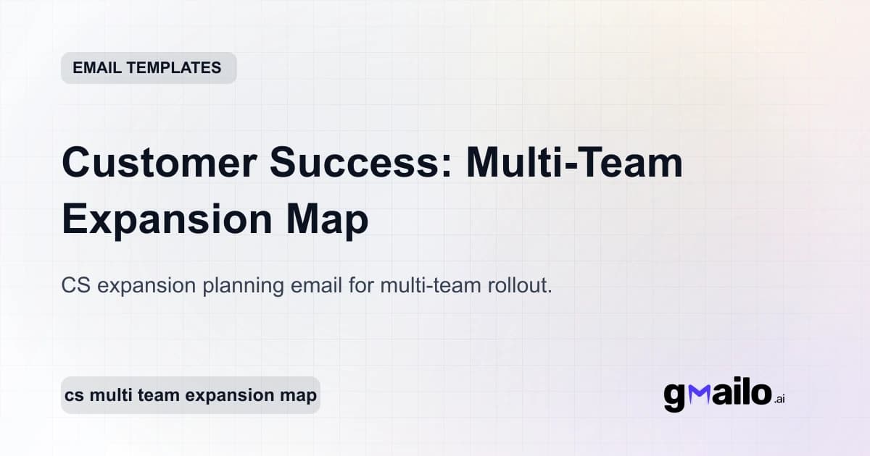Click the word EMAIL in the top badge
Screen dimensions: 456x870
tap(96, 68)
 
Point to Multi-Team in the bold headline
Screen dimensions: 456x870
tap(574, 163)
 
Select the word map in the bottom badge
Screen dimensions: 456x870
tap(299, 396)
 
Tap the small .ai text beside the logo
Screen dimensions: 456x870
tap(779, 399)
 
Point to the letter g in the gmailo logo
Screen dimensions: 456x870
tap(674, 396)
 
